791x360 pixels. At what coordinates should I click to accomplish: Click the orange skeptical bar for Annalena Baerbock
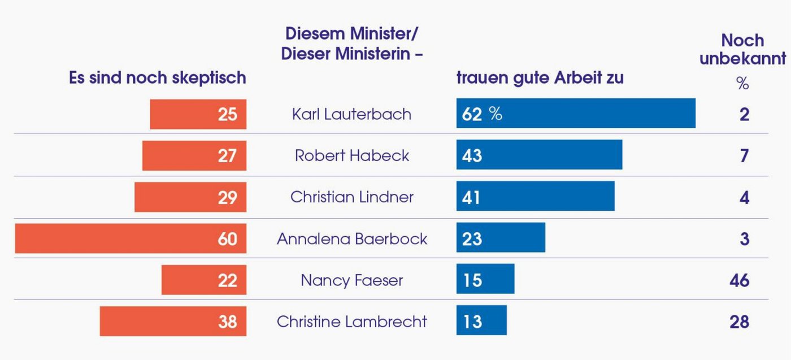(131, 238)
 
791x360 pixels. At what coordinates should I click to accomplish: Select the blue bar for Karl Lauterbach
(576, 114)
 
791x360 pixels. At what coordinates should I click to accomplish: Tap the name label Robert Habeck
(351, 155)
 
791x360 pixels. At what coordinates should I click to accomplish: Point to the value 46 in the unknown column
(739, 280)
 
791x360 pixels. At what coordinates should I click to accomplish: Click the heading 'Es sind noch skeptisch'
(158, 77)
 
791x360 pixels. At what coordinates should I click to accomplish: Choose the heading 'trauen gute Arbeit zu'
(540, 77)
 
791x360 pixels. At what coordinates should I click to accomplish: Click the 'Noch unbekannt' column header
(742, 49)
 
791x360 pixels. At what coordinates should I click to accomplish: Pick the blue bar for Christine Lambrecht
(481, 321)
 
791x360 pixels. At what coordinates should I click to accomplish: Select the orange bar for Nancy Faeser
(203, 280)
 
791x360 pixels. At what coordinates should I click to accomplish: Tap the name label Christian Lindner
(351, 197)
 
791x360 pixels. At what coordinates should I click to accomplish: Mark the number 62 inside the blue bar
(472, 114)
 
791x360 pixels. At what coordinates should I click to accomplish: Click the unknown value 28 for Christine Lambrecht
(739, 322)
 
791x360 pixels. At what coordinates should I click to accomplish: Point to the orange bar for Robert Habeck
(194, 155)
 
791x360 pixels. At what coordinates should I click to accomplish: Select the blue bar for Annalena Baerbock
(501, 238)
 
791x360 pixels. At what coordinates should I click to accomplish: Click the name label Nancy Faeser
(351, 280)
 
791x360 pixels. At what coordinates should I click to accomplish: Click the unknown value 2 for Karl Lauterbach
(744, 114)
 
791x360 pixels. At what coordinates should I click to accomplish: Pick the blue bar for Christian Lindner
(535, 197)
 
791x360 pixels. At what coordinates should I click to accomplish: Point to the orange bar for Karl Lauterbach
(198, 114)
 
